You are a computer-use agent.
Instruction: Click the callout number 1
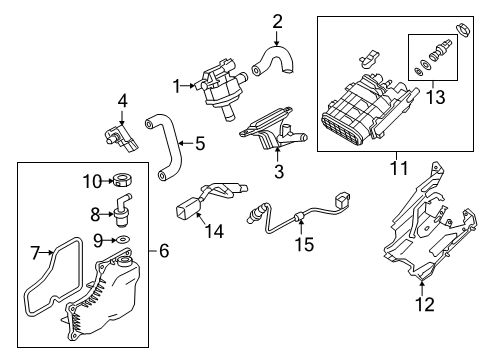click(x=177, y=86)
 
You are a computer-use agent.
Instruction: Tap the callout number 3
click(x=279, y=172)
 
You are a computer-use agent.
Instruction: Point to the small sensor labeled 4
click(x=121, y=138)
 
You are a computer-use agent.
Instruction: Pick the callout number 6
click(x=164, y=251)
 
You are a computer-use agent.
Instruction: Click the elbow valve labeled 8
click(x=122, y=210)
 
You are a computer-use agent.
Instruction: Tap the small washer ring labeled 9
click(x=123, y=239)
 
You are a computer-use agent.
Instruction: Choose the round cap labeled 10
click(x=122, y=180)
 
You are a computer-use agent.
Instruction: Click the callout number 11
click(x=399, y=168)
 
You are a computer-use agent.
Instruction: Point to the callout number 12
click(x=425, y=305)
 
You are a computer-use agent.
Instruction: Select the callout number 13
click(x=436, y=97)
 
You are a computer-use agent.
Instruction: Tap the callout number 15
click(x=304, y=244)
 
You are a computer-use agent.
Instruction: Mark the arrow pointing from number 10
click(x=108, y=181)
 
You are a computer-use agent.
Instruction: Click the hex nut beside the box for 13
click(x=462, y=29)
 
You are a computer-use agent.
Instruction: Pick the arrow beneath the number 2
click(x=276, y=38)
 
